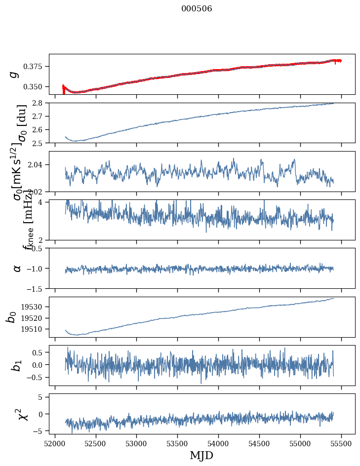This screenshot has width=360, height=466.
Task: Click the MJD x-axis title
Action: coord(201,455)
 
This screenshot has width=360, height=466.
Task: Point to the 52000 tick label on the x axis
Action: coord(55,442)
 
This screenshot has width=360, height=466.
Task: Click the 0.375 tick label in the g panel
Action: coord(37,67)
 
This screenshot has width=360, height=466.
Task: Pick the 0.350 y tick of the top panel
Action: coord(37,87)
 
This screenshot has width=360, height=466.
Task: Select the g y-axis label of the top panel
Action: coord(14,74)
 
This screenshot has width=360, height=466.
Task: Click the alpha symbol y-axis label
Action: coord(17,268)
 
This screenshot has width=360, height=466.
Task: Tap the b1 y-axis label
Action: coord(17,365)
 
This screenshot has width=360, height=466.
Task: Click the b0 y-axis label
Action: coord(11,316)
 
